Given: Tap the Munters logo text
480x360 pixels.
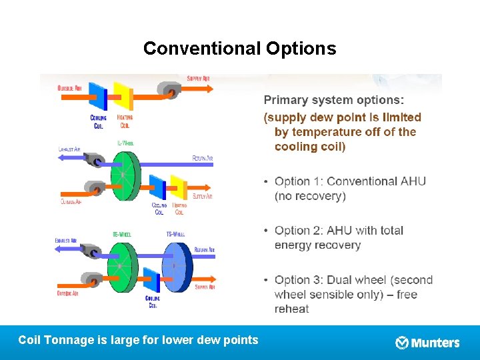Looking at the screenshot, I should pos(435,343).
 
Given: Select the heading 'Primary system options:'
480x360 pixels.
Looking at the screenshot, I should pos(333,100).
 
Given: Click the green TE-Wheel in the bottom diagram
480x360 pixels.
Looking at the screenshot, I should pos(121,266).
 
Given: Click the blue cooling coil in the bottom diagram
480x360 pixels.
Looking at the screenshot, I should pos(153,279).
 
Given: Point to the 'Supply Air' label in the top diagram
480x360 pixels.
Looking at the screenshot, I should pos(199,78).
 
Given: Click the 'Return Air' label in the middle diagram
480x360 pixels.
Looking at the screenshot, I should pos(202,158).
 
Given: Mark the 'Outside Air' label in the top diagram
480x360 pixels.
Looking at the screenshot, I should pos(70,88).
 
